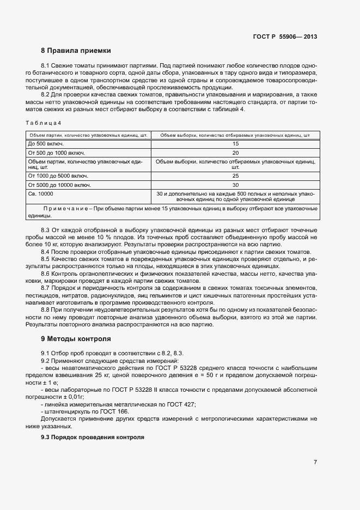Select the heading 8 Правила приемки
coord(76,51)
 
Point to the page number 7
coord(315,463)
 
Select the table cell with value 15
coord(235,143)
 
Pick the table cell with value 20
coord(235,153)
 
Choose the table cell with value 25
coord(235,176)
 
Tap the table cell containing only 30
coord(235,185)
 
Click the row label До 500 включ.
coord(43,143)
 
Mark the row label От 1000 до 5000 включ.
coord(58,176)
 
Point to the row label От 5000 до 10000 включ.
coord(59,185)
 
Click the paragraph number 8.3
coord(46,232)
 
